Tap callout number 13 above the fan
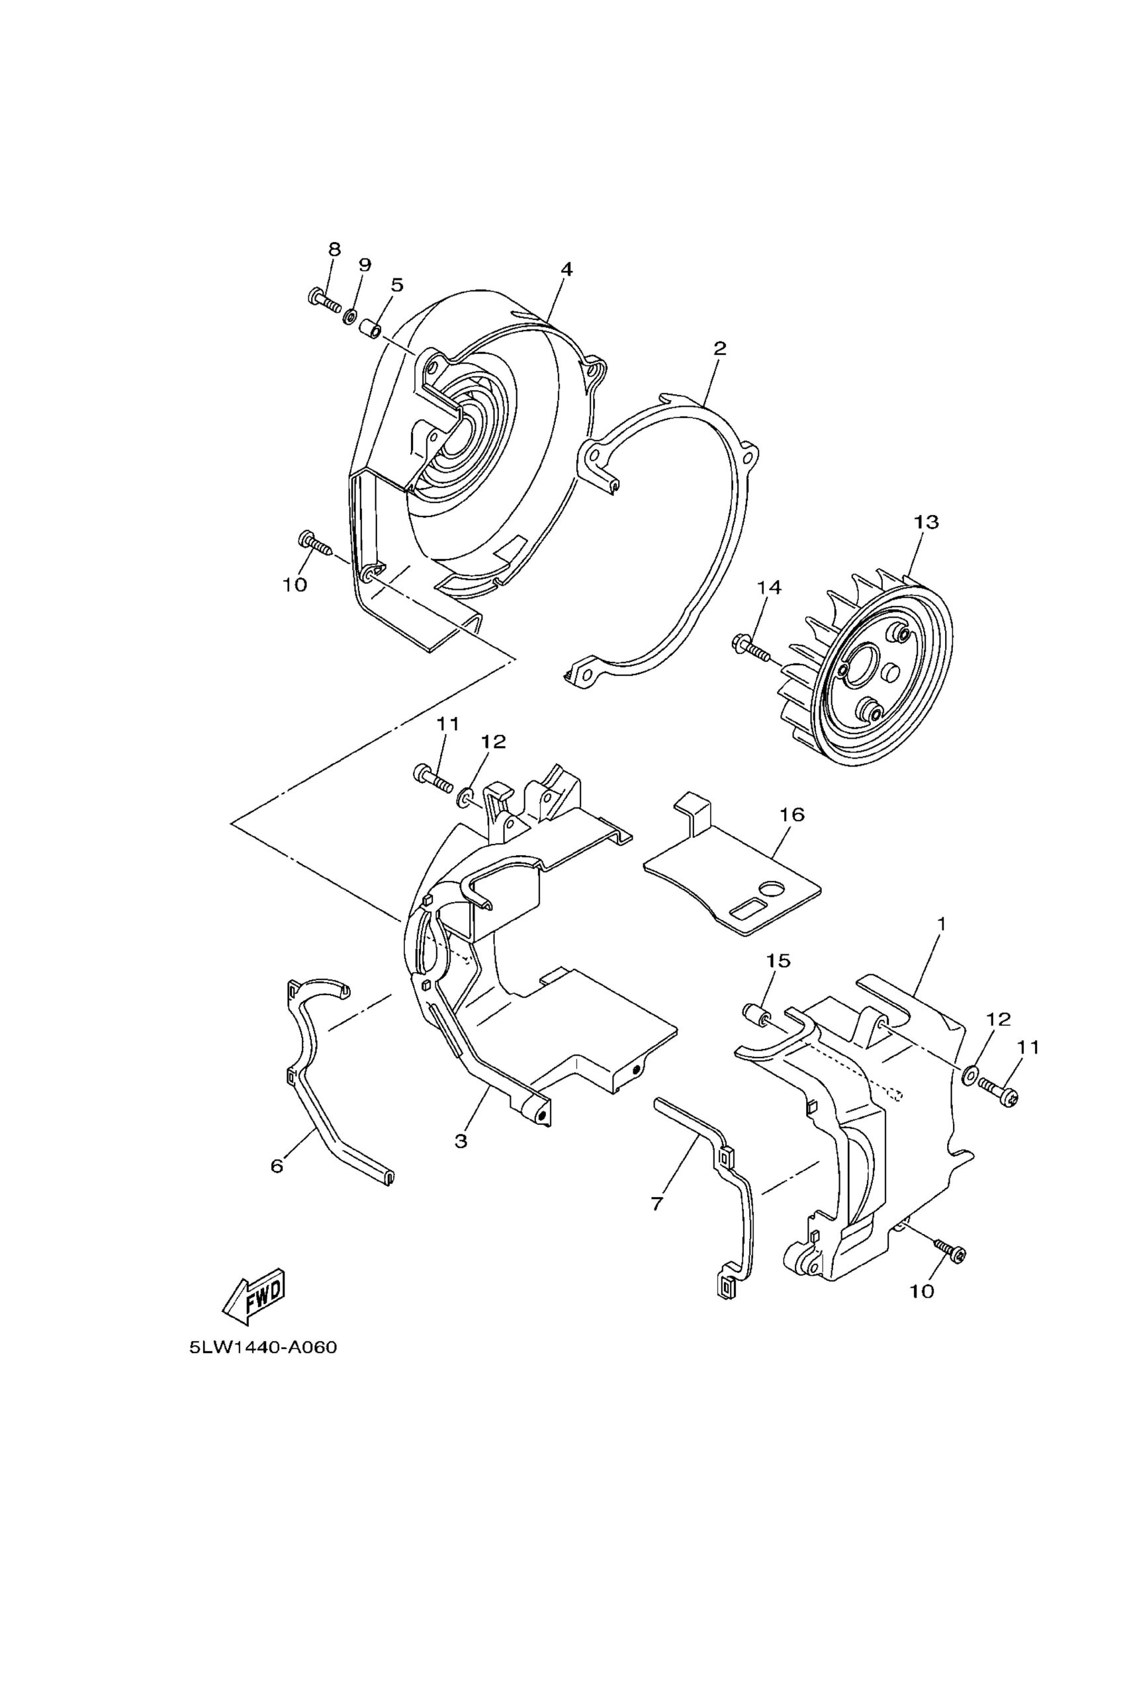coord(926,522)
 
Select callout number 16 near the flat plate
coord(791,815)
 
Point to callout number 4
coord(566,269)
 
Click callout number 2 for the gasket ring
coord(719,349)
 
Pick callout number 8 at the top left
coord(334,249)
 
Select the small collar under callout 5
coord(370,333)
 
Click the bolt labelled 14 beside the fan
coord(750,647)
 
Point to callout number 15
coord(778,960)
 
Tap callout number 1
coord(942,924)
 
